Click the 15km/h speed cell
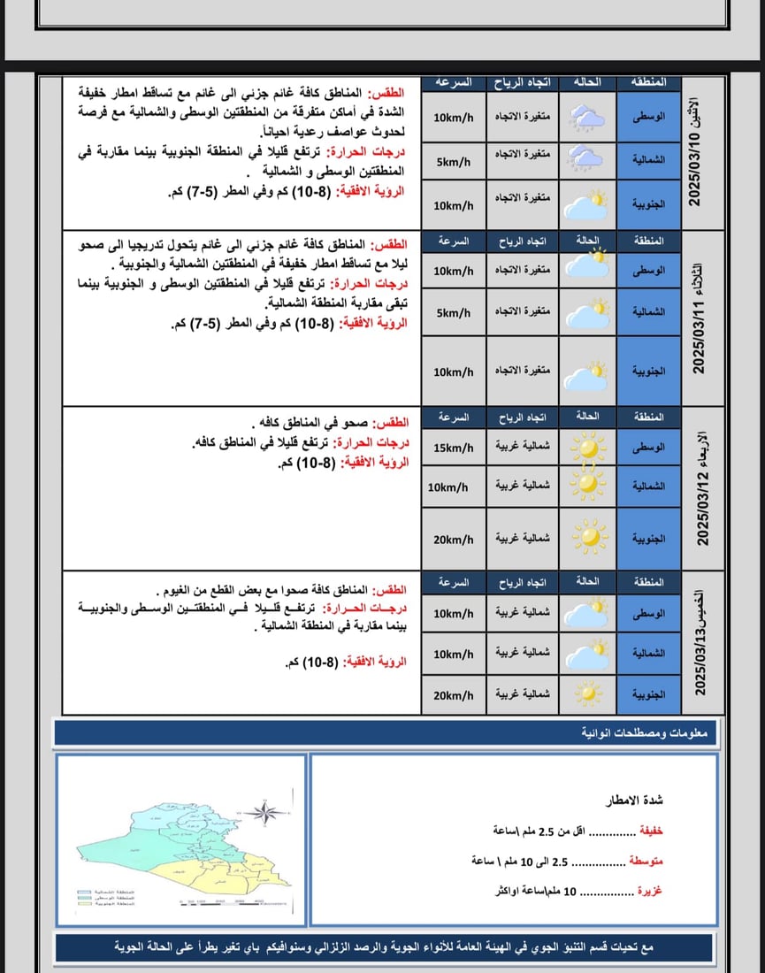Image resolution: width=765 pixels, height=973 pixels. (x=453, y=448)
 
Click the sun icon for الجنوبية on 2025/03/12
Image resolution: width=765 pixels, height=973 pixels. (x=588, y=535)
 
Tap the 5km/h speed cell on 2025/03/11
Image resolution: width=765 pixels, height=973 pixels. (x=453, y=312)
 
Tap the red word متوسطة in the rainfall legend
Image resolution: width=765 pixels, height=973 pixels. (x=646, y=860)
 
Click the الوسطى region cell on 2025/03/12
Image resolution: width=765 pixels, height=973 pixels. (x=648, y=448)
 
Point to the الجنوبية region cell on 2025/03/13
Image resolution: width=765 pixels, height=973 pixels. (x=648, y=695)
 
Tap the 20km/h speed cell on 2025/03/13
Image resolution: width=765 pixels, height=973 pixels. (x=453, y=695)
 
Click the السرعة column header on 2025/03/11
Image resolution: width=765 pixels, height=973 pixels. (x=453, y=240)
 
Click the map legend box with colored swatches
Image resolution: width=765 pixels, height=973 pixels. (x=106, y=898)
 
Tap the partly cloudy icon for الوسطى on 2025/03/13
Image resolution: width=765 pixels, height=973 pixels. (x=588, y=612)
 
